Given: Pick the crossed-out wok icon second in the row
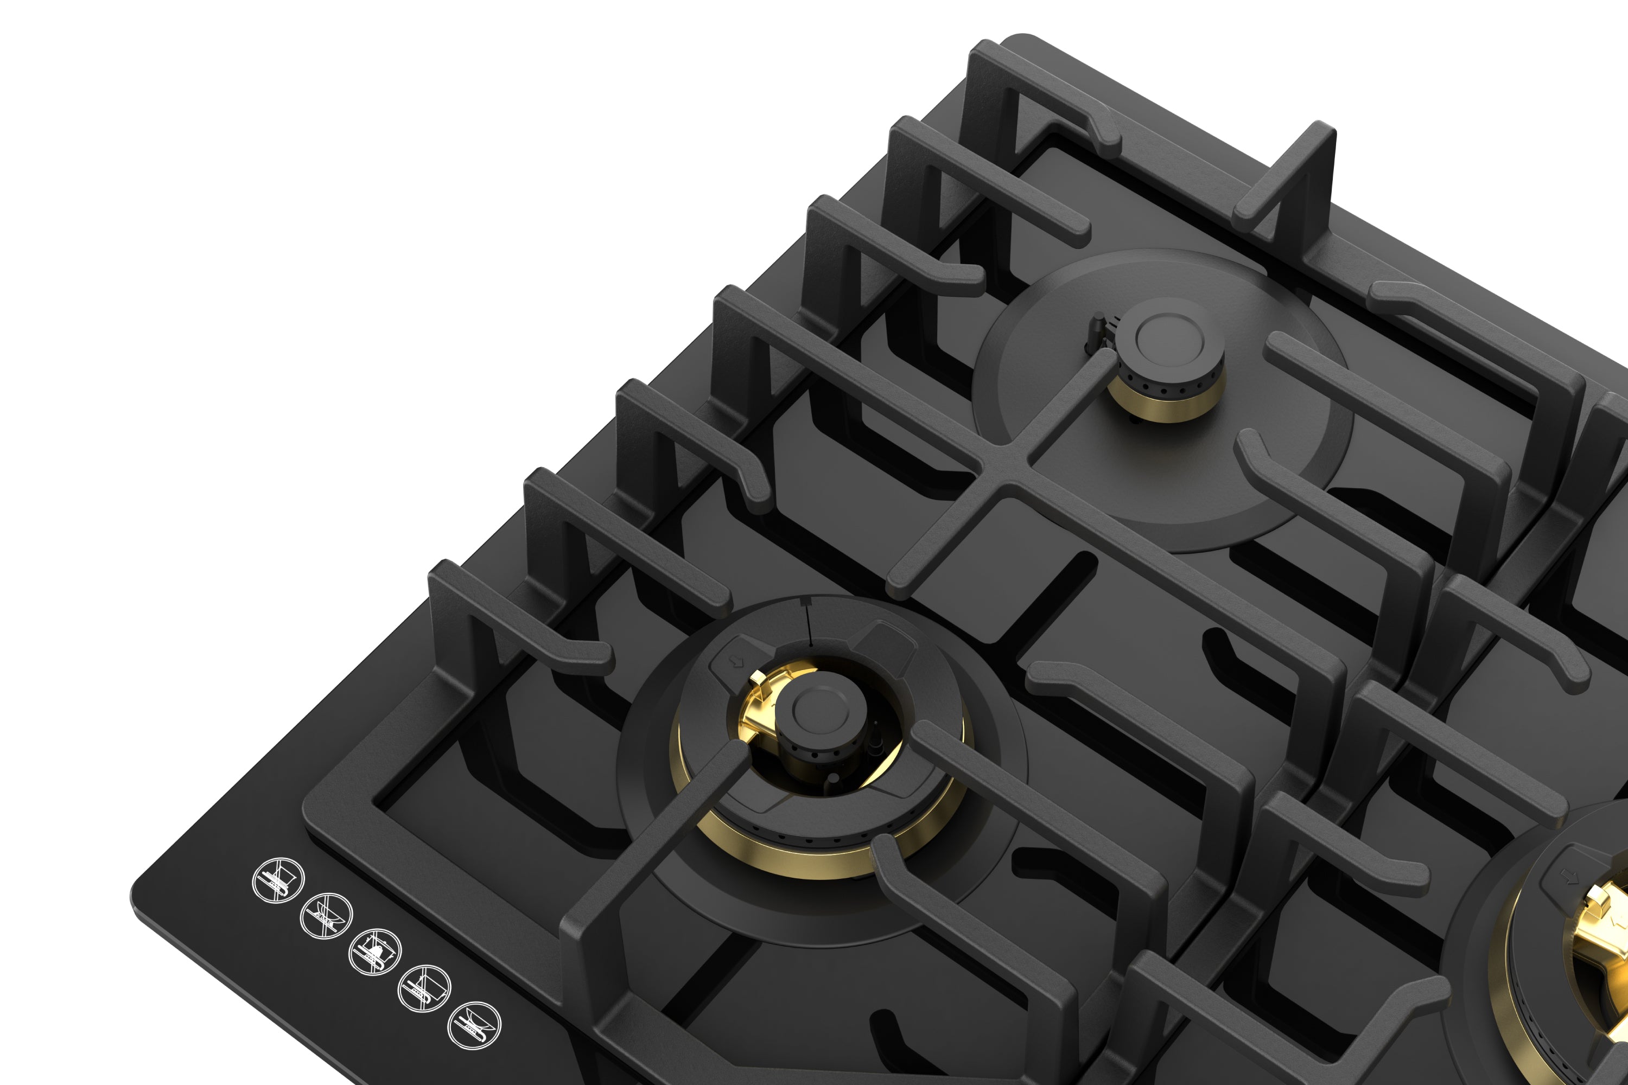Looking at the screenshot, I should pyautogui.click(x=327, y=916).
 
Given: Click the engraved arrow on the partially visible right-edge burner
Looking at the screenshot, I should pyautogui.click(x=1570, y=877).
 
